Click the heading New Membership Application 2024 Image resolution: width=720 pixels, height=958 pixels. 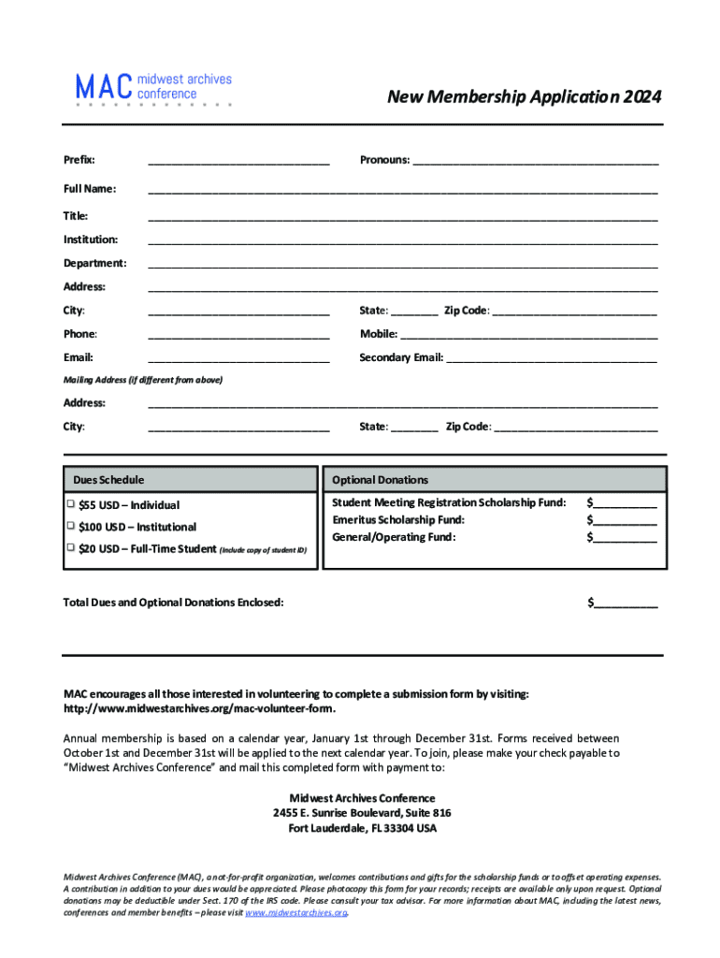(x=525, y=97)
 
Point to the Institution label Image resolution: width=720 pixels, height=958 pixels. (x=91, y=239)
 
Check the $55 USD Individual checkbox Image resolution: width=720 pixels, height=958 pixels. (x=70, y=503)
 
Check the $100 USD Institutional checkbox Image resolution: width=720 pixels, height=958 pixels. (x=70, y=526)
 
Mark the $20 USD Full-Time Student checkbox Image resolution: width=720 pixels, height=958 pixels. (x=70, y=547)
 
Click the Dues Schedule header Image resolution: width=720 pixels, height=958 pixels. (x=108, y=480)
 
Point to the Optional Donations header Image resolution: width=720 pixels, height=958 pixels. (x=380, y=480)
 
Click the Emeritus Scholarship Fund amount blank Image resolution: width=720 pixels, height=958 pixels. (x=625, y=520)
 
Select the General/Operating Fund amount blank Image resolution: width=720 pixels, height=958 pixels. (x=625, y=538)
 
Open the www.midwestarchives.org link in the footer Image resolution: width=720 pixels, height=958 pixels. (x=295, y=913)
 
